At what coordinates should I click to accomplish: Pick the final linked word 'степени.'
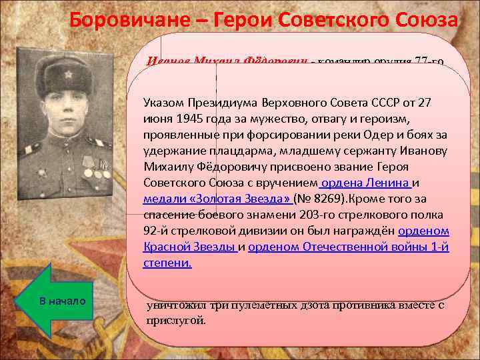click(167, 263)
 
